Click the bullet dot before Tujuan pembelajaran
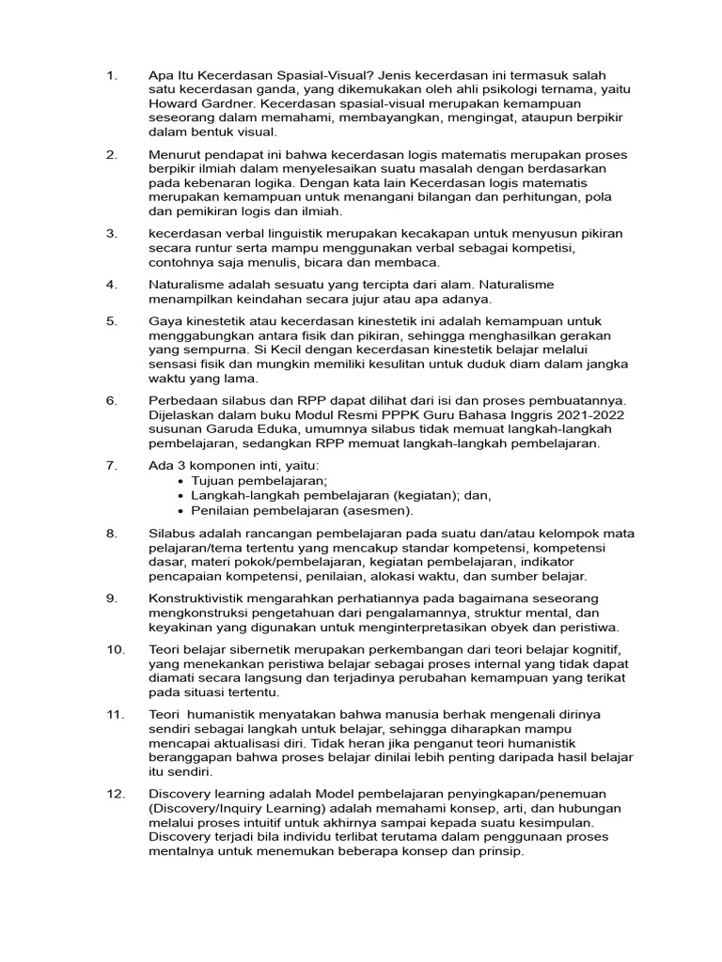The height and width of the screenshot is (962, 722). coord(181,480)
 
